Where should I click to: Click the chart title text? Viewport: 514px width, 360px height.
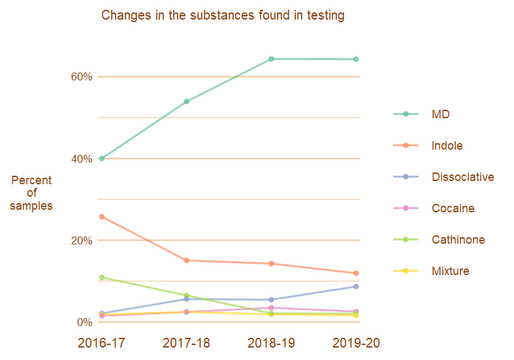pos(223,15)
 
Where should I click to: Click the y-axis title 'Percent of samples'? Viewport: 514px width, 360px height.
pos(31,193)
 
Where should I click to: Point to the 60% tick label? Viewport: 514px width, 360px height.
pos(81,76)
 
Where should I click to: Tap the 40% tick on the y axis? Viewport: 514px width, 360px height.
pos(81,159)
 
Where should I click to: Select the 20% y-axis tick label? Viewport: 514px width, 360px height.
pos(81,240)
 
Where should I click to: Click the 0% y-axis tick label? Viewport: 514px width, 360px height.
pos(84,322)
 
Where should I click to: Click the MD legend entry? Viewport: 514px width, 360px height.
pos(440,114)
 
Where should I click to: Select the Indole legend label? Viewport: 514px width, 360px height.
pos(447,146)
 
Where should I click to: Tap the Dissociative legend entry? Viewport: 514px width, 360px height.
pos(462,177)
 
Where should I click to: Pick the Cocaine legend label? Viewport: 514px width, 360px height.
pos(453,208)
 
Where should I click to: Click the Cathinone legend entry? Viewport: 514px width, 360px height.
pos(458,240)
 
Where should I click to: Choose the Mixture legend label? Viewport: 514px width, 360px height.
pos(450,271)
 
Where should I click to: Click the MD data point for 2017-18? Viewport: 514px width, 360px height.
pos(186,101)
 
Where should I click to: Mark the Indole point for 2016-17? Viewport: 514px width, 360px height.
pos(102,216)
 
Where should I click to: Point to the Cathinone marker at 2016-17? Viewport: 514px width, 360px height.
pos(102,278)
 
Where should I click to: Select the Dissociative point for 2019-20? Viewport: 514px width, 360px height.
pos(356,286)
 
